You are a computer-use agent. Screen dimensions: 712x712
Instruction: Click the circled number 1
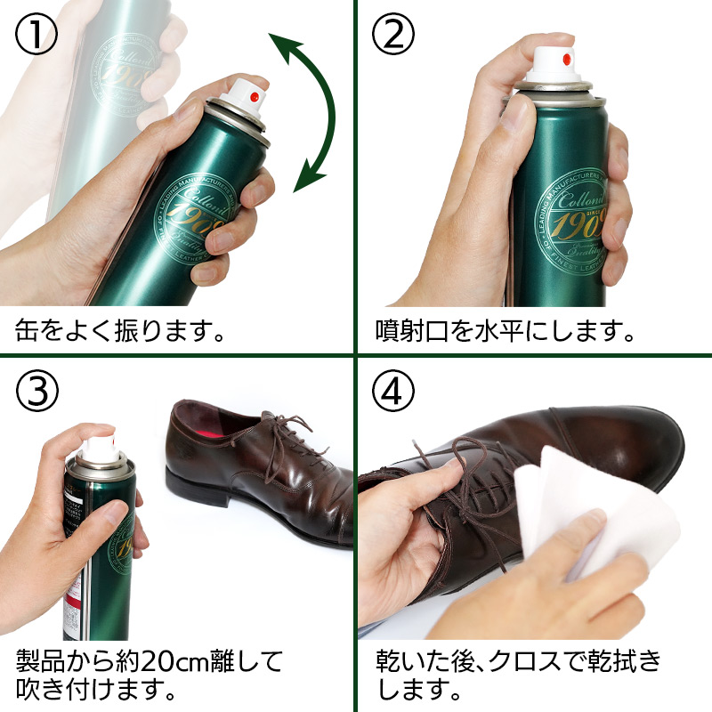click(x=36, y=35)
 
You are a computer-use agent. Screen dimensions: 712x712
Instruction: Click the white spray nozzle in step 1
click(x=246, y=97)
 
